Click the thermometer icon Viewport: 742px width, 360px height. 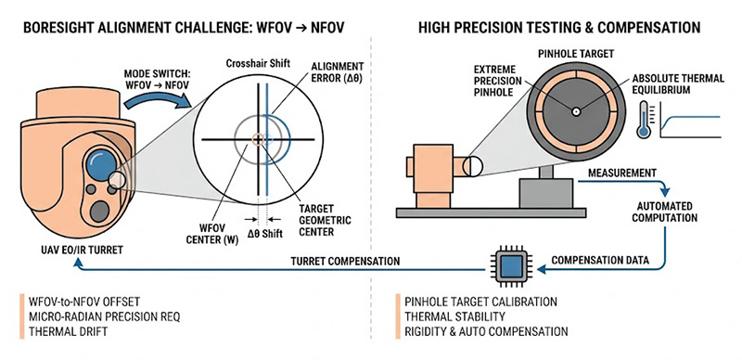pos(643,120)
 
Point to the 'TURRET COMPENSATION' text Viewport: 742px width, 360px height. pos(345,261)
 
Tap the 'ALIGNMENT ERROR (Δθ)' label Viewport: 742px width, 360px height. pos(338,72)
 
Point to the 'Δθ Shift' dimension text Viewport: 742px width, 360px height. pos(264,234)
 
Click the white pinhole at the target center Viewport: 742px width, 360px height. pos(576,112)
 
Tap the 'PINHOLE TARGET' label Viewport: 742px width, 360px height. pos(576,54)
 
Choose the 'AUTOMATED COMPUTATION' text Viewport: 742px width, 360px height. pos(666,212)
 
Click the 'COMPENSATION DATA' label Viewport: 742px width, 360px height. pos(599,260)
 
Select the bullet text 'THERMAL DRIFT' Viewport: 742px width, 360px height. pos(68,331)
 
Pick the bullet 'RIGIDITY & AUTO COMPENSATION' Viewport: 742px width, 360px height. pos(486,331)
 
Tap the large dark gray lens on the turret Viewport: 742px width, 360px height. pos(100,212)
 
